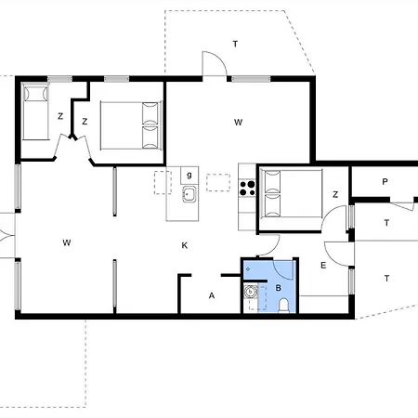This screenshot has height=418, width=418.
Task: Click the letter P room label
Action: (384, 182)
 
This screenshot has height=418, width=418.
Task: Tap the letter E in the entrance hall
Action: (323, 267)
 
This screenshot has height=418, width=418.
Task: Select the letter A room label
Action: (212, 295)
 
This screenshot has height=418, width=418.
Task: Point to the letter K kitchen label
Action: (185, 245)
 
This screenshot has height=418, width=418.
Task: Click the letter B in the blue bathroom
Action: (277, 289)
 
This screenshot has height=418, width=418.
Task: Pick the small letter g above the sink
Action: (189, 175)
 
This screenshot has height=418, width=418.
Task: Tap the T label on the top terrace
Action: (235, 44)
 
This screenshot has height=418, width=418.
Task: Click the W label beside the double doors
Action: (67, 243)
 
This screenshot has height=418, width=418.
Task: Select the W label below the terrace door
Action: (238, 122)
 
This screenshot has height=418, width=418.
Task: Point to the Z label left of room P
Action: (334, 194)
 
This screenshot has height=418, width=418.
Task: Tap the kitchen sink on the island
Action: (189, 194)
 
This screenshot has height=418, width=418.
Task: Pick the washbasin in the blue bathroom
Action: (250, 293)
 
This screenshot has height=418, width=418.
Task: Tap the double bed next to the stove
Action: (290, 195)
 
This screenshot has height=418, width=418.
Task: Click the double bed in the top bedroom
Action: (131, 124)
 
